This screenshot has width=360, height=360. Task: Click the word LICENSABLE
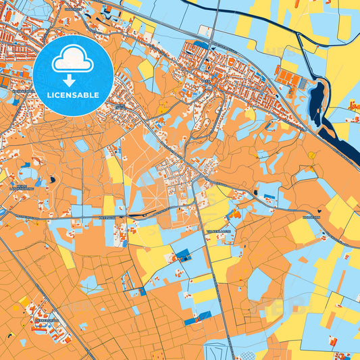[x=73, y=95]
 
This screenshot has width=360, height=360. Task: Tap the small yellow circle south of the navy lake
[x=311, y=155]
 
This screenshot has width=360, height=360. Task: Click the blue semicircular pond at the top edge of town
[x=201, y=45]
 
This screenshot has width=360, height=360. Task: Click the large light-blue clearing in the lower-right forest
[x=259, y=284]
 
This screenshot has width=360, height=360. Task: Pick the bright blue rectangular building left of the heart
[x=269, y=197]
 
